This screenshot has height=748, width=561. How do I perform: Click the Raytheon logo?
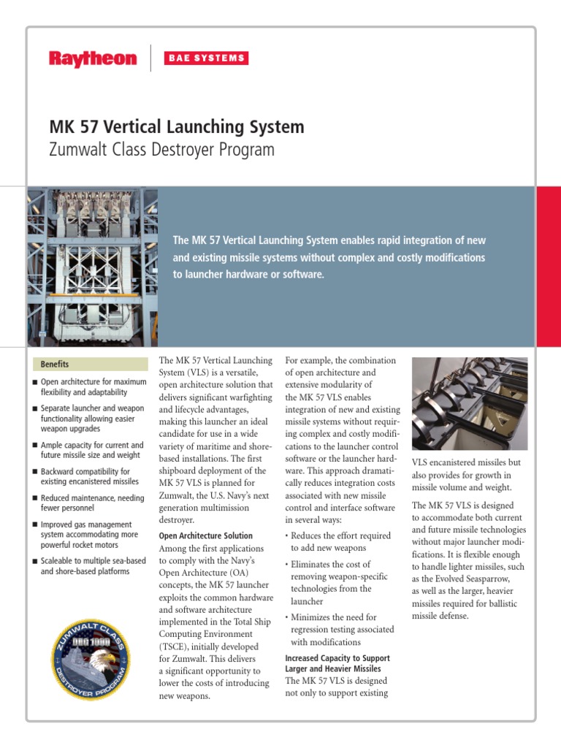[x=92, y=58]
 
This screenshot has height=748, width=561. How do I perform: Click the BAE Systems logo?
[x=205, y=58]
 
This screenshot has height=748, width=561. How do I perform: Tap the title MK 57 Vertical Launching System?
[x=176, y=127]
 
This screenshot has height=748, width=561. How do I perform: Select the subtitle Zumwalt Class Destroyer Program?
[x=161, y=150]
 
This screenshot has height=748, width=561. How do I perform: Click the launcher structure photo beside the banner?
[x=92, y=266]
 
